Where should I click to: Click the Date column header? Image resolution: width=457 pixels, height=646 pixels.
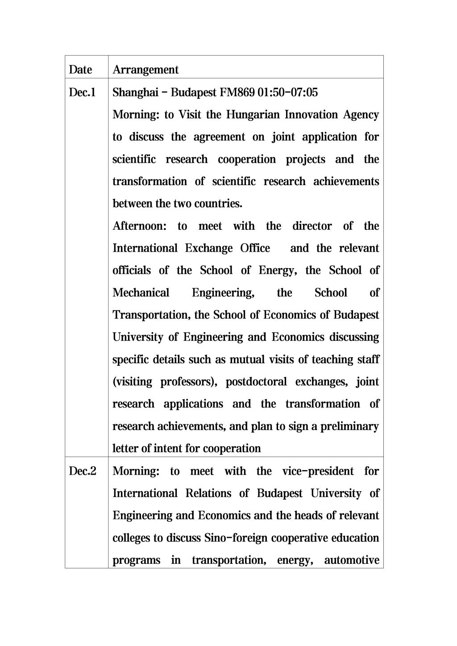click(80, 70)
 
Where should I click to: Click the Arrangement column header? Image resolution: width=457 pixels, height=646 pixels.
click(145, 70)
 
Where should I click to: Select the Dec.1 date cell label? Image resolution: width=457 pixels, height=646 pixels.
click(83, 92)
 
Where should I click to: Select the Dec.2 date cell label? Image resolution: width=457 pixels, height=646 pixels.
click(83, 471)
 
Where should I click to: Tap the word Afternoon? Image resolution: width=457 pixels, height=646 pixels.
click(139, 226)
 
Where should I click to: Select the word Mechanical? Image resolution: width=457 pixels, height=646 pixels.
click(141, 293)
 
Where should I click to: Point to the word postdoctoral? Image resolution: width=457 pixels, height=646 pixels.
click(256, 382)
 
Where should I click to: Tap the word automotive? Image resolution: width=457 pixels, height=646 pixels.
click(352, 560)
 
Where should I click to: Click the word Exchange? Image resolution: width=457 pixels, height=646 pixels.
click(209, 248)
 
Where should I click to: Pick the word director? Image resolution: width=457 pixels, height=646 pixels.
click(312, 226)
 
